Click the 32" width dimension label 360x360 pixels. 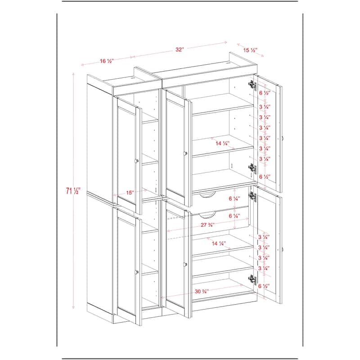tap(180, 50)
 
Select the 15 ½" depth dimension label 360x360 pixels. tap(250, 50)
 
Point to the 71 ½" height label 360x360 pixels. tap(70, 191)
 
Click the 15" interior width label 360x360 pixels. tap(130, 193)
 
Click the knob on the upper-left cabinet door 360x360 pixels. tap(136, 160)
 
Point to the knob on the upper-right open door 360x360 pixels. tap(283, 139)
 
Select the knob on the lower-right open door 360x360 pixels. tap(283, 248)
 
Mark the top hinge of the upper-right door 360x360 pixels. tap(251, 84)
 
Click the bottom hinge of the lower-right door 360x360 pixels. tap(251, 279)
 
